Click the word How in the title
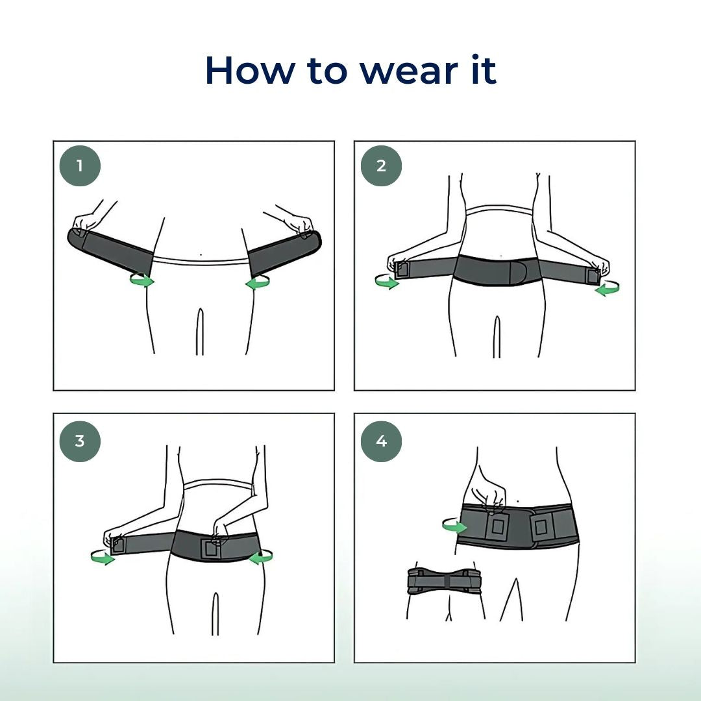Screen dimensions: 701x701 (x=250, y=70)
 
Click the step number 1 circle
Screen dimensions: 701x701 (x=80, y=166)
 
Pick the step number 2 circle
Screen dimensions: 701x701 (x=381, y=166)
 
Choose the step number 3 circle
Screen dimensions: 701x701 (x=80, y=441)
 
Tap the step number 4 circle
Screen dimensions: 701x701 (x=381, y=441)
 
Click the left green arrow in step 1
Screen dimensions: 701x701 (x=142, y=280)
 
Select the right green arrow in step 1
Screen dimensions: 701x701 (x=258, y=282)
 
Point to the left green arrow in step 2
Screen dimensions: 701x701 (x=387, y=282)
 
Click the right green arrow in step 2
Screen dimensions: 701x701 (x=607, y=289)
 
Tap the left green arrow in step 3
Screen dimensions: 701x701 (x=103, y=558)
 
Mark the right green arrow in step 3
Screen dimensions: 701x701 (x=261, y=557)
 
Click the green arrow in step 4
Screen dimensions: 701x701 (x=454, y=526)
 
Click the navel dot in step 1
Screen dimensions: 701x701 (x=201, y=255)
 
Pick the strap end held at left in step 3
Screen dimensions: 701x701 (x=117, y=545)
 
